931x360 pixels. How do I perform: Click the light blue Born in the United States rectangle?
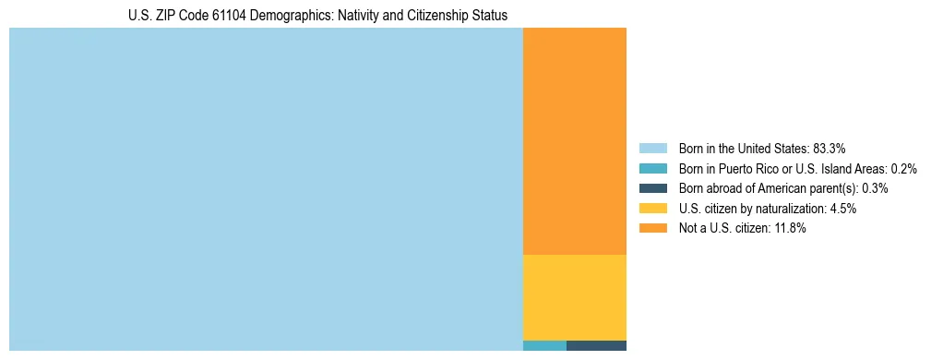pyautogui.click(x=266, y=189)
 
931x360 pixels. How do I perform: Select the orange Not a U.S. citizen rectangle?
pyautogui.click(x=574, y=140)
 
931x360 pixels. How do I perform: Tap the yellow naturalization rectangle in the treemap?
pyautogui.click(x=574, y=297)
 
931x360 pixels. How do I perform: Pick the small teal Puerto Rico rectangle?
pyautogui.click(x=544, y=346)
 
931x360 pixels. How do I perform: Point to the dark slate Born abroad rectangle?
pyautogui.click(x=596, y=346)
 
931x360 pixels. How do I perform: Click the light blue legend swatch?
pyautogui.click(x=652, y=149)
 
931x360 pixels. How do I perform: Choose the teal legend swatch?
pyautogui.click(x=652, y=169)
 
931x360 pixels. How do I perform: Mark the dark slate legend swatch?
pyautogui.click(x=652, y=188)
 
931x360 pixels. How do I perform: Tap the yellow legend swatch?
pyautogui.click(x=652, y=209)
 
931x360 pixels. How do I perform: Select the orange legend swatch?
pyautogui.click(x=652, y=229)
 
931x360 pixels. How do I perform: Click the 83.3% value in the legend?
pyautogui.click(x=830, y=149)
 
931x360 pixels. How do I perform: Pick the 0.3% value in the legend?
pyautogui.click(x=876, y=188)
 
